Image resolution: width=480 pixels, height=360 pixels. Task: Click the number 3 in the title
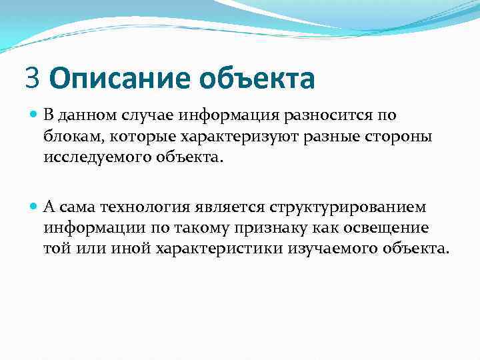click(33, 77)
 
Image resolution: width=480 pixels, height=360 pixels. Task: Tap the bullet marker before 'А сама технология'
click(35, 207)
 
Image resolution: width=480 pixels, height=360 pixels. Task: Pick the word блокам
click(71, 136)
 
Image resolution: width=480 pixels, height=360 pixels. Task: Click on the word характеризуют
click(237, 136)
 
